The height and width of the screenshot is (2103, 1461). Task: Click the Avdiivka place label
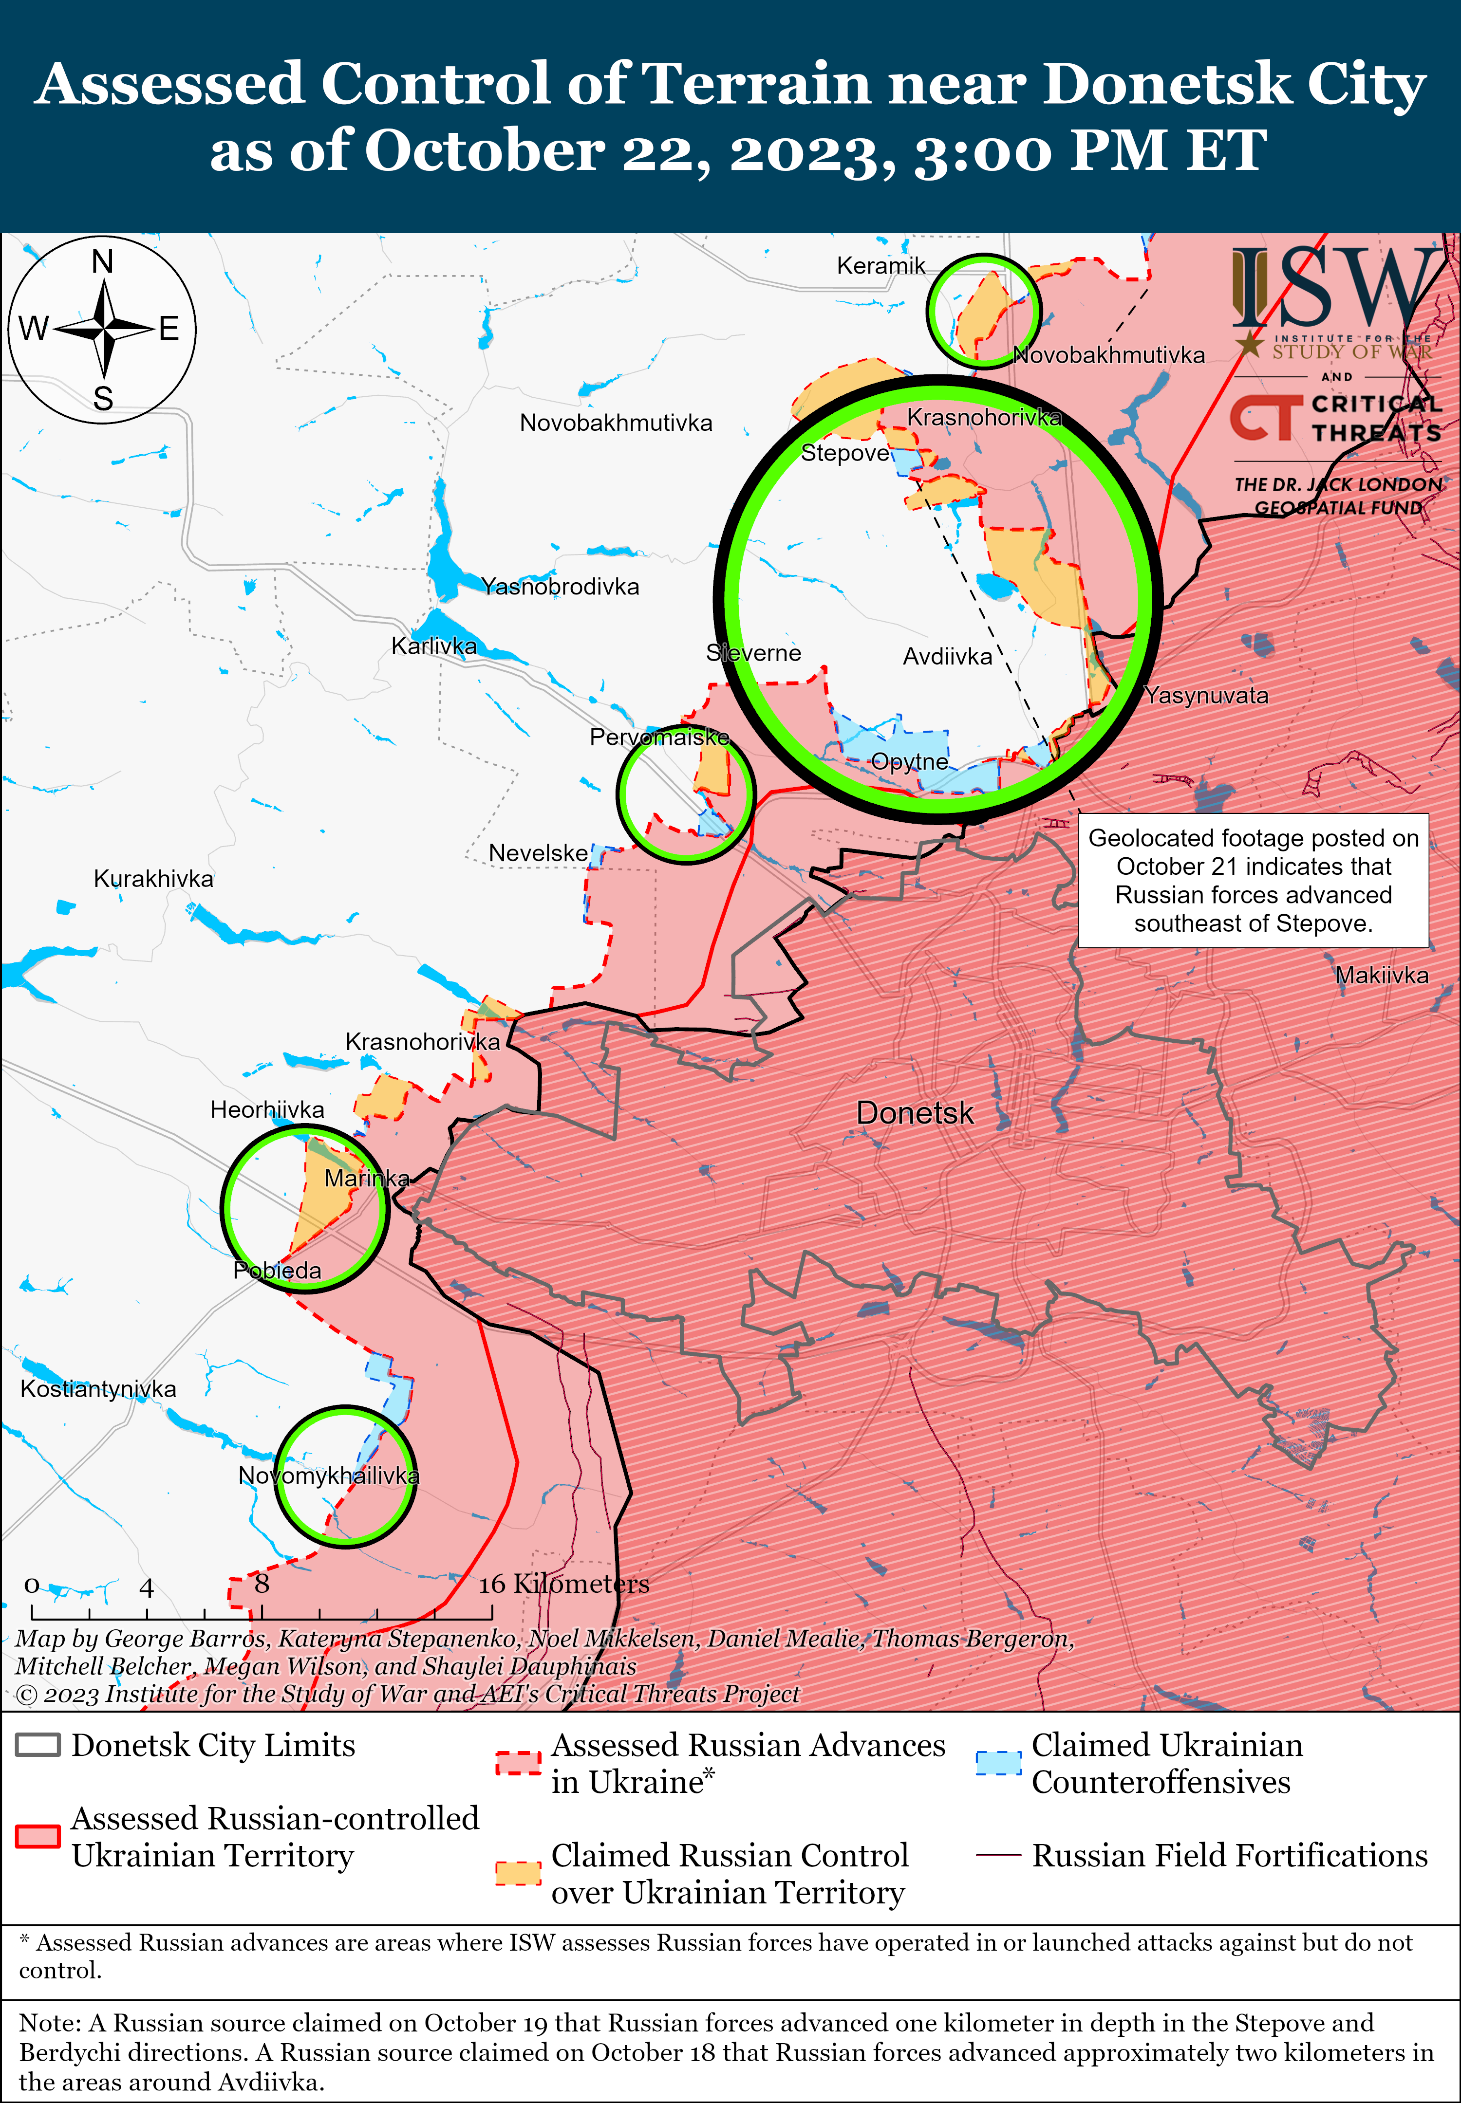pos(947,656)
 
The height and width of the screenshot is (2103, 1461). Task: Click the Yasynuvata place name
pos(1206,696)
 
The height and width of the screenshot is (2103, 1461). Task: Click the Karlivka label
pos(434,646)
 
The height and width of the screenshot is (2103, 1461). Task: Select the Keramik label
pos(880,265)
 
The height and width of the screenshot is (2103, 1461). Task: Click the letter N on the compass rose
pos(103,262)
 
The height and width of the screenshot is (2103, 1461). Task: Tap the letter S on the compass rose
pos(103,399)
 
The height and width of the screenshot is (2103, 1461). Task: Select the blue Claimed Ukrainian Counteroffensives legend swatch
pos(998,1763)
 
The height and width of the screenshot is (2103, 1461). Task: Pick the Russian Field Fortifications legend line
pos(998,1855)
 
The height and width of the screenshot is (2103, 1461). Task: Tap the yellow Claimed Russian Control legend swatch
pos(518,1872)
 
